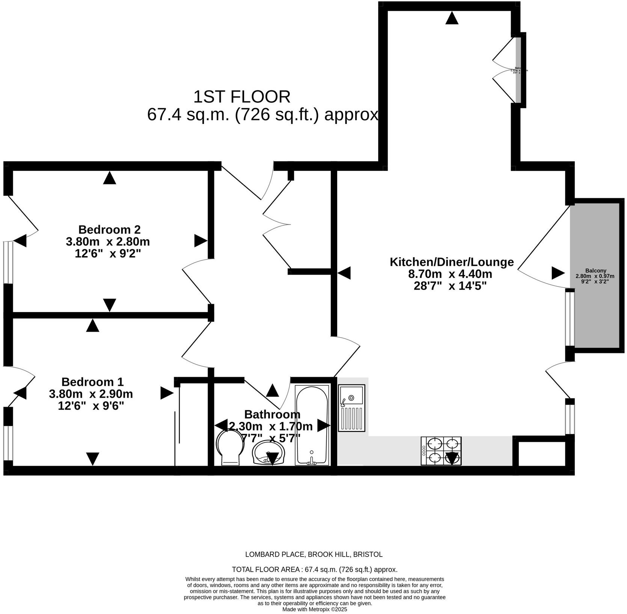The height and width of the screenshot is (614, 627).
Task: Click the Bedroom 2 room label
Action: [x=109, y=229]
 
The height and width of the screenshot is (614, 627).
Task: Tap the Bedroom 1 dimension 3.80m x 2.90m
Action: [x=91, y=394]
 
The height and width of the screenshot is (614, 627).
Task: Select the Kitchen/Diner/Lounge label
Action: [x=451, y=262]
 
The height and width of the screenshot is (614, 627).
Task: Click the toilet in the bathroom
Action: [x=230, y=448]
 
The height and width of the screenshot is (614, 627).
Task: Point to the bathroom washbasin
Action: [x=268, y=453]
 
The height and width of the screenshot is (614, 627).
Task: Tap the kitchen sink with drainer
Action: [x=351, y=408]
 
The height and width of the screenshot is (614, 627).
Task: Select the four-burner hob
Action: [x=441, y=451]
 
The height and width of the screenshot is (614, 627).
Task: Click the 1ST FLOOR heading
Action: [x=242, y=97]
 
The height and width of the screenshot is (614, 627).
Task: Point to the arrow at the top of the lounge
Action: [x=452, y=18]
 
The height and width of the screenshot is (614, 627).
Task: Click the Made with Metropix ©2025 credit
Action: [x=315, y=609]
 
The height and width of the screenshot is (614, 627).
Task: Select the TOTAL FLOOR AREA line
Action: [x=315, y=569]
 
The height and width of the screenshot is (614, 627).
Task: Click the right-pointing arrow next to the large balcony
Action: [x=558, y=273]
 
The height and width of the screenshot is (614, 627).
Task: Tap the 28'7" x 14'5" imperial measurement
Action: [x=450, y=286]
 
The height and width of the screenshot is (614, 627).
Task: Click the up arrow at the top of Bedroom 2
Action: [x=109, y=178]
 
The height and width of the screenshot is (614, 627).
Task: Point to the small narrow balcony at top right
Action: [x=518, y=69]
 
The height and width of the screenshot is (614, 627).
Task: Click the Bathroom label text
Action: [x=272, y=415]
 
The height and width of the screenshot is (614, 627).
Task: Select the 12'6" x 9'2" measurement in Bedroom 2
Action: [x=108, y=253]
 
